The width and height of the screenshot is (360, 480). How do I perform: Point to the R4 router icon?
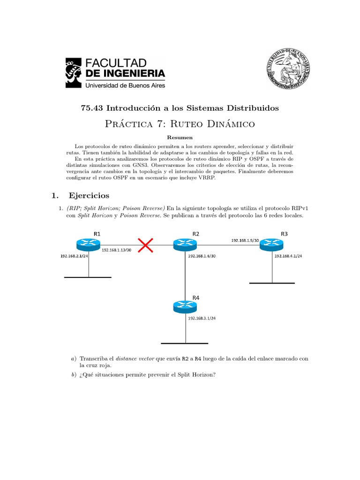click(x=185, y=307)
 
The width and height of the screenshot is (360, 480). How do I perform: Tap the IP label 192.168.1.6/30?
click(x=202, y=256)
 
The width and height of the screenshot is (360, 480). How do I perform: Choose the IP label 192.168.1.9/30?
click(x=245, y=240)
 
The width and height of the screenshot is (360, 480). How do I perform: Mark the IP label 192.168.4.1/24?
click(x=288, y=256)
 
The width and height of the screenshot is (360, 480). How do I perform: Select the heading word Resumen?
click(x=180, y=138)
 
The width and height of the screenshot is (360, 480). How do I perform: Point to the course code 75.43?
click(x=92, y=108)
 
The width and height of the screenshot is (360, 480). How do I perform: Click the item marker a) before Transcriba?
click(x=73, y=359)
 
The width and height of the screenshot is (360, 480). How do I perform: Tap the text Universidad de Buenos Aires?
click(x=124, y=85)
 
